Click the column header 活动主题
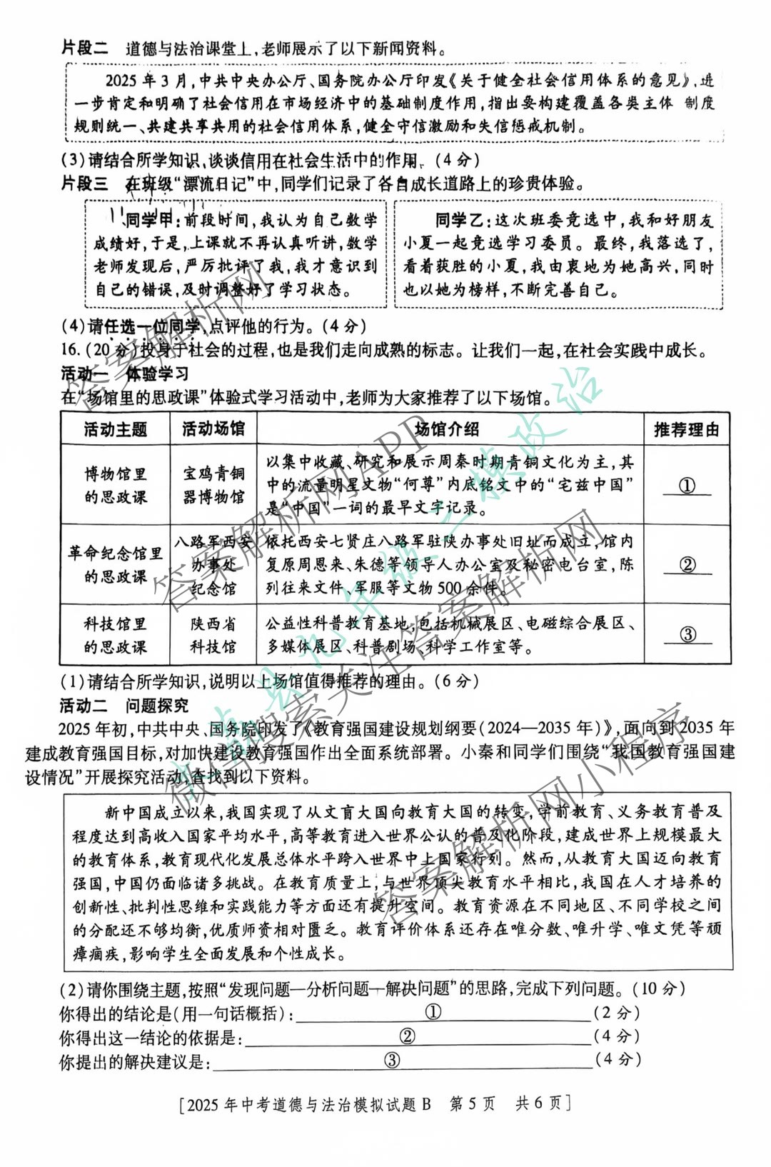click(x=115, y=429)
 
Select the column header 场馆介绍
click(x=447, y=429)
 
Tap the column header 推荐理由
click(x=686, y=429)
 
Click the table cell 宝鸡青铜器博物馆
click(x=213, y=484)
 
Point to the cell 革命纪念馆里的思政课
click(x=115, y=564)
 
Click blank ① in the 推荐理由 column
click(x=687, y=486)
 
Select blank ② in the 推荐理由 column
click(x=687, y=564)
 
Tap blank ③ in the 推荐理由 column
click(x=687, y=634)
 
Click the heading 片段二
click(x=85, y=48)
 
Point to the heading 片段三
click(x=85, y=184)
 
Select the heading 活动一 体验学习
click(x=125, y=373)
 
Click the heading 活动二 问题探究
click(x=124, y=706)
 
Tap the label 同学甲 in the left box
click(x=149, y=220)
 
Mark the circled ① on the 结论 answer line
click(x=433, y=1012)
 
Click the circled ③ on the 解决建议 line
click(x=392, y=1060)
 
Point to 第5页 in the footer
click(x=472, y=1103)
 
